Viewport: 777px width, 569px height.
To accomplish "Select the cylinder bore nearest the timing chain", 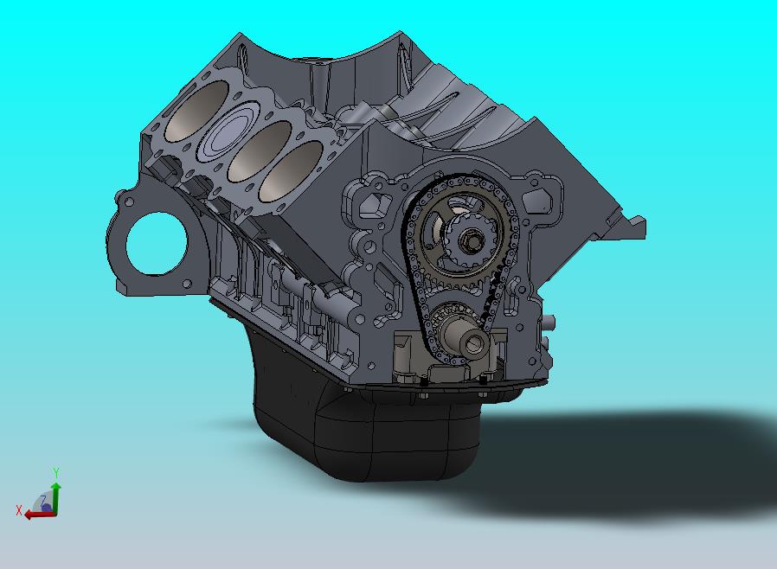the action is [x=291, y=170].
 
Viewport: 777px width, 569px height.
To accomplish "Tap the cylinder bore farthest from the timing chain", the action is [x=196, y=111].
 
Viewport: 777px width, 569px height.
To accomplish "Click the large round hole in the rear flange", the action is [x=157, y=243].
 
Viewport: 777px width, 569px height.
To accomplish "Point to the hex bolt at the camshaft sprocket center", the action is [x=469, y=241].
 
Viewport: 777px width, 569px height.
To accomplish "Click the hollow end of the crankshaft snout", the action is [x=474, y=343].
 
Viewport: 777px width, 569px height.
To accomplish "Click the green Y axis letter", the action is [x=56, y=472].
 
